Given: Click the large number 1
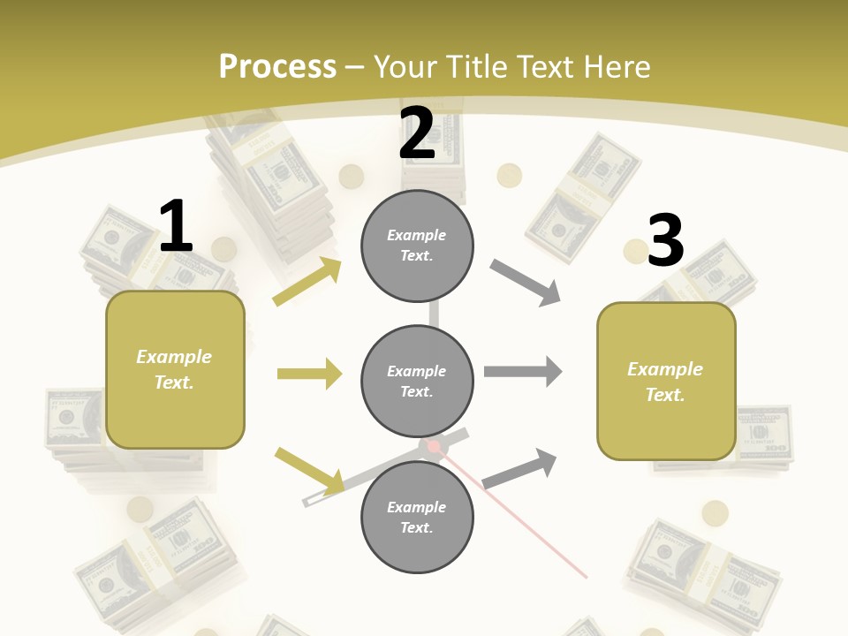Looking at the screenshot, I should [x=176, y=226].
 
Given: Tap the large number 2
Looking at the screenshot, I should [x=417, y=133].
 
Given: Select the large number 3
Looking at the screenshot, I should [x=665, y=240].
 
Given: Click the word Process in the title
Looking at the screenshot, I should [x=277, y=66].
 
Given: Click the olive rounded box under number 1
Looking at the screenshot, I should [x=175, y=369].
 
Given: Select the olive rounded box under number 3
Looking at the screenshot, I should [x=666, y=381].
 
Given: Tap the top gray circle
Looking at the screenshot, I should [x=417, y=246].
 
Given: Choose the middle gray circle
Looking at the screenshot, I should [x=417, y=381].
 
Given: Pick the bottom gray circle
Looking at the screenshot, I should [x=417, y=517].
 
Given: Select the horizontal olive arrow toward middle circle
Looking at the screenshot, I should [x=309, y=374].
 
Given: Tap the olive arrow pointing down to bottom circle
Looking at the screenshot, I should [x=310, y=470].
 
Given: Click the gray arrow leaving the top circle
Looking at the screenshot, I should [x=526, y=283].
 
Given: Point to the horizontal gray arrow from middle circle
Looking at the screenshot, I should [x=523, y=372].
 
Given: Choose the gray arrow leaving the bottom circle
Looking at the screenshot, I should [x=520, y=468].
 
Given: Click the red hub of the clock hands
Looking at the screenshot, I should [x=435, y=447].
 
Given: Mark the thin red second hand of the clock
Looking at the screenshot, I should [x=521, y=521].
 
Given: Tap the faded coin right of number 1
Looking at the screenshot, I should [x=224, y=248].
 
